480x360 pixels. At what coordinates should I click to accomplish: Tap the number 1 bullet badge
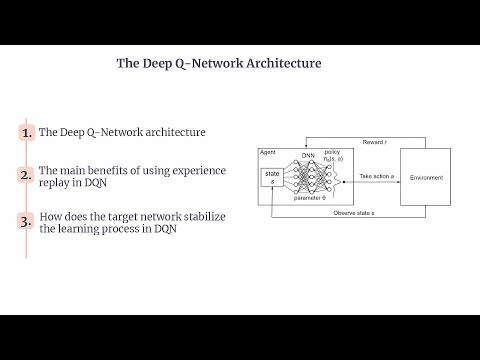[x=26, y=133]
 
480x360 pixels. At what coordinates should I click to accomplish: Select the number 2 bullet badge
[x=26, y=175]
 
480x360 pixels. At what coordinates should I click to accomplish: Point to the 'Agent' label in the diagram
[x=268, y=152]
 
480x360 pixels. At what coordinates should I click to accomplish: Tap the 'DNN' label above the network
[x=308, y=156]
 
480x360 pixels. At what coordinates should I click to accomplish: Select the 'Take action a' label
[x=378, y=174]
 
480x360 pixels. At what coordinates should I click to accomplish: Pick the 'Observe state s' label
[x=354, y=213]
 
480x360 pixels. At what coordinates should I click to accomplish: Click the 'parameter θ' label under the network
[x=313, y=199]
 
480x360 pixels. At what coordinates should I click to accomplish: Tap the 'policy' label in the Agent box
[x=332, y=153]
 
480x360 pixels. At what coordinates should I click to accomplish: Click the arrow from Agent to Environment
[x=377, y=180]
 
